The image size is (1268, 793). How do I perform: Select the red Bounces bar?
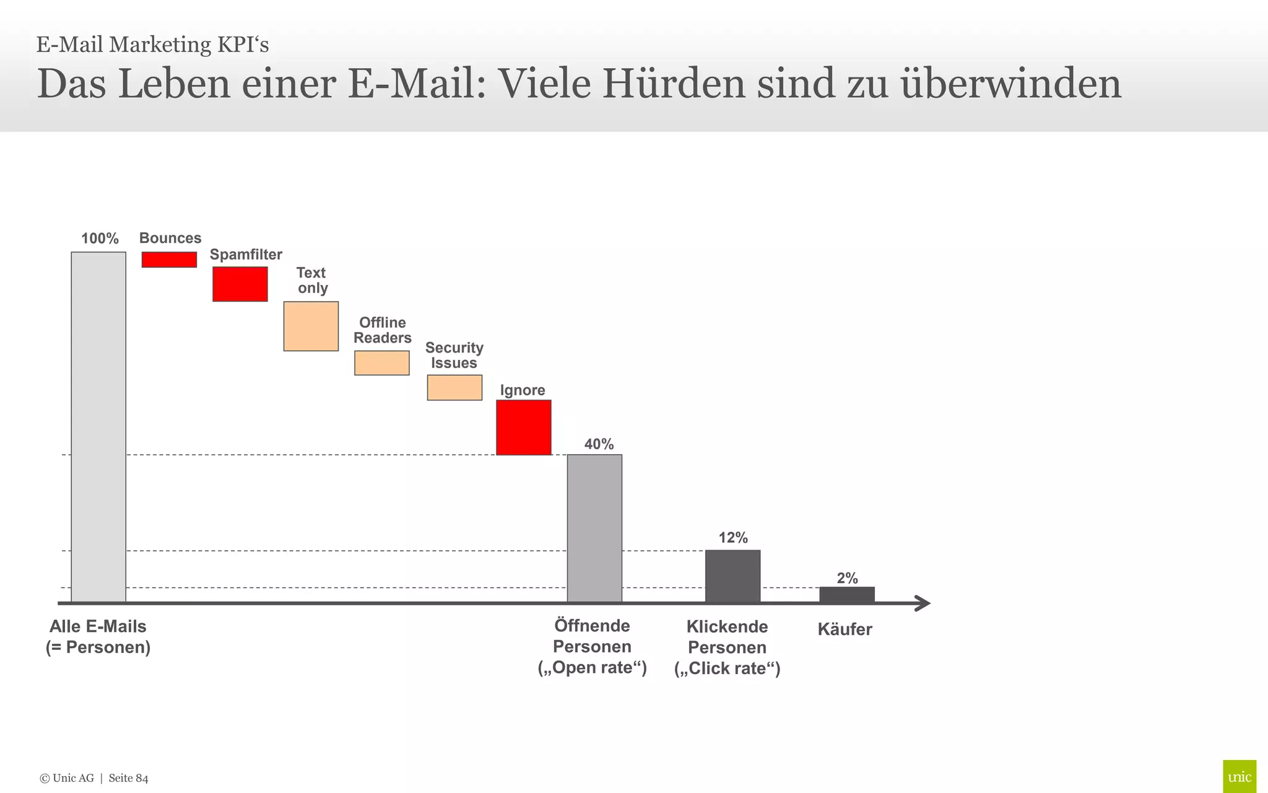click(x=169, y=260)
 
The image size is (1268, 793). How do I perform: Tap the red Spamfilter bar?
click(x=240, y=284)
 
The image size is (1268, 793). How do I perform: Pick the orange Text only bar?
click(x=311, y=326)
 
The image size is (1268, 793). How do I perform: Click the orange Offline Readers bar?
click(x=382, y=363)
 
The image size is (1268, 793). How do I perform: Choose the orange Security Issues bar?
click(x=454, y=388)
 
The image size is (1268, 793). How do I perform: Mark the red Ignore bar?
click(x=524, y=427)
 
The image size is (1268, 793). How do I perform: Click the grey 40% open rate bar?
click(x=594, y=528)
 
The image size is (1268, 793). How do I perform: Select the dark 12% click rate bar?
click(x=732, y=576)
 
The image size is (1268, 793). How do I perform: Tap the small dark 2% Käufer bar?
click(x=847, y=594)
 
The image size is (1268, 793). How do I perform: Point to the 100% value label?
click(x=100, y=239)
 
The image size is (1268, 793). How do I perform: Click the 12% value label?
click(x=733, y=538)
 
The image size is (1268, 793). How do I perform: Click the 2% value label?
click(x=847, y=578)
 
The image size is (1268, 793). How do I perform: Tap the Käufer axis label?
click(x=845, y=629)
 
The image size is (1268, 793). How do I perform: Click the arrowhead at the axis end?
click(x=923, y=603)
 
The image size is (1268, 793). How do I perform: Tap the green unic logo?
click(x=1239, y=776)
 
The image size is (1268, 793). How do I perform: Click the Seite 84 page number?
click(x=128, y=778)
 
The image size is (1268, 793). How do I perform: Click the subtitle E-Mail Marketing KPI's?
click(x=152, y=45)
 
